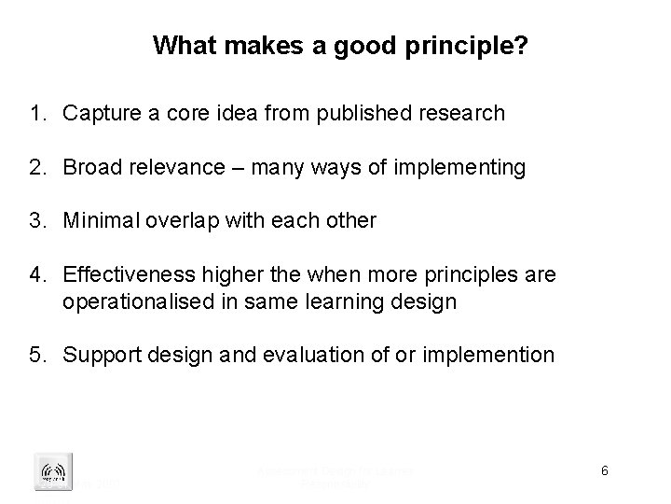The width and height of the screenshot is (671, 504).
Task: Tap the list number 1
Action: click(38, 114)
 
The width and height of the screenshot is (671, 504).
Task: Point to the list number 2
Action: click(38, 168)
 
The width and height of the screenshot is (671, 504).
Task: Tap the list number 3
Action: click(38, 221)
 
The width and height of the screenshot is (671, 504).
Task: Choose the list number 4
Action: click(38, 275)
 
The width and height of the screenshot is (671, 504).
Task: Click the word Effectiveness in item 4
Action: click(121, 275)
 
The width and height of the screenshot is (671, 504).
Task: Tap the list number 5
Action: click(38, 356)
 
